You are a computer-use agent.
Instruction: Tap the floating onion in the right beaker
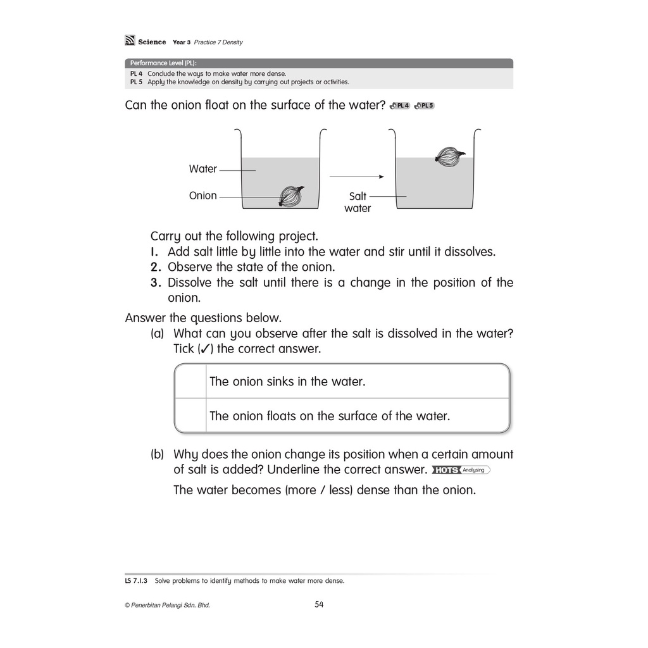(449, 156)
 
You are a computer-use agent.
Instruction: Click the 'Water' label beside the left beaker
(202, 169)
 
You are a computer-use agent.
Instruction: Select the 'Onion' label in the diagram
(202, 196)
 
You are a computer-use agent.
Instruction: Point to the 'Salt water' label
(358, 202)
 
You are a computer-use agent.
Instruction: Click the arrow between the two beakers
(357, 177)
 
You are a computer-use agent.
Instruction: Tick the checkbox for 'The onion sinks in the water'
(190, 382)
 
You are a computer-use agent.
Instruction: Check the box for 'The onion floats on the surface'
(190, 416)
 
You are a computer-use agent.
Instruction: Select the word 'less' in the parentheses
(340, 490)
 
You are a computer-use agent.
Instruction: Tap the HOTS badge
(446, 470)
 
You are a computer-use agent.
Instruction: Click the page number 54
(319, 604)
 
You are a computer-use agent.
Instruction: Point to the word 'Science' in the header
(152, 42)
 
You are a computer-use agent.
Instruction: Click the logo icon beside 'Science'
(130, 41)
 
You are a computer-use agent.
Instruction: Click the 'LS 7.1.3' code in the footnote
(136, 580)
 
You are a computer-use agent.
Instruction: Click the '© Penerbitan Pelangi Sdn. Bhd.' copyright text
(167, 605)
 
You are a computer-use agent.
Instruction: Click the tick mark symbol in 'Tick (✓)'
(204, 349)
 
